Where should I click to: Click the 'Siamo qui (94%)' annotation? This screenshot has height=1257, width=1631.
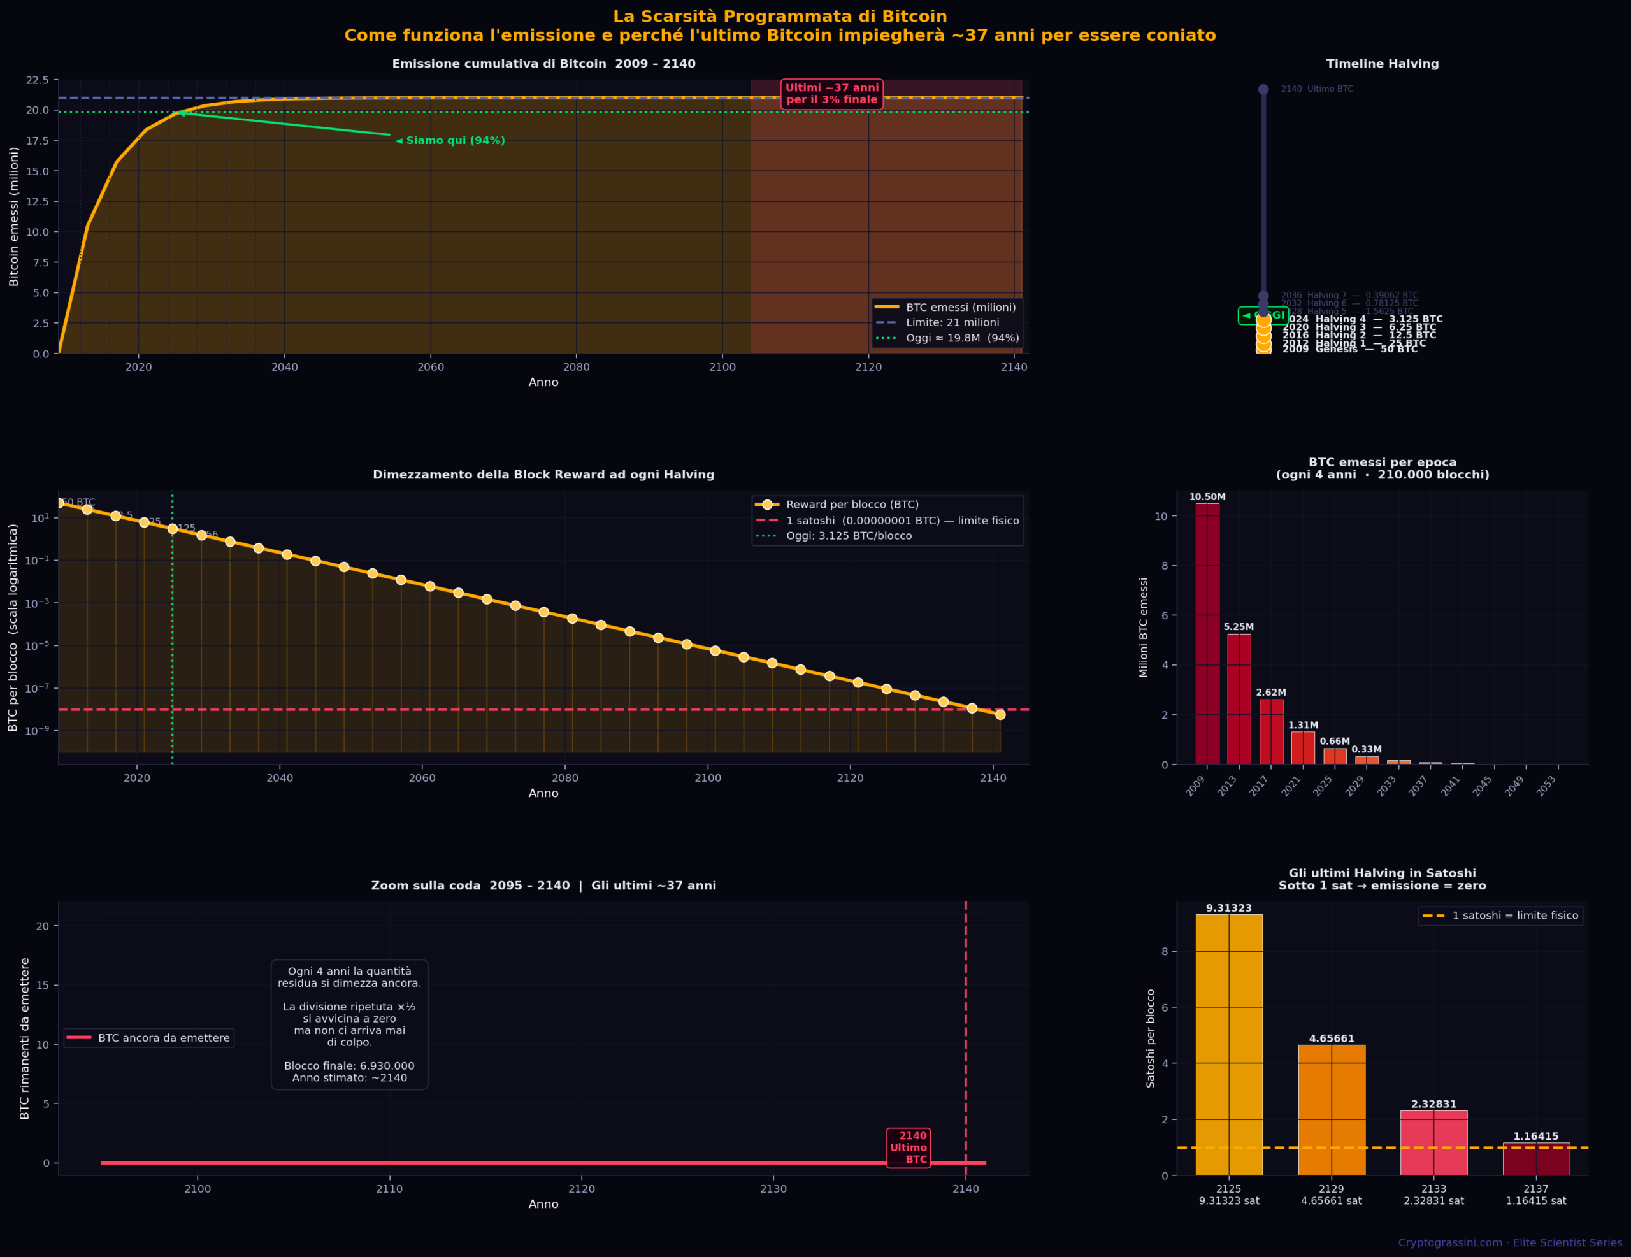[455, 140]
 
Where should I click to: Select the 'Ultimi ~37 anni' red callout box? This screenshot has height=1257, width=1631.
[832, 94]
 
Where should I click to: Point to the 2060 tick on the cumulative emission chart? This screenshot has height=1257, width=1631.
[430, 367]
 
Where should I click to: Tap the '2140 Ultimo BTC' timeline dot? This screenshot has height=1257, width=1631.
[1263, 90]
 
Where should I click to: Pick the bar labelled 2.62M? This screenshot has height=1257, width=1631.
[1271, 732]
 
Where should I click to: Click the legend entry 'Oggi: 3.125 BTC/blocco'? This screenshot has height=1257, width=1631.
[849, 536]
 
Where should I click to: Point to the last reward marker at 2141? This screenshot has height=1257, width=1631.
[1000, 715]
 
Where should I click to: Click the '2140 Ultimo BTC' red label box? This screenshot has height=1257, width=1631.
[908, 1147]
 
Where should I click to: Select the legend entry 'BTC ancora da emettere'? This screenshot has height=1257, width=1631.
[164, 1038]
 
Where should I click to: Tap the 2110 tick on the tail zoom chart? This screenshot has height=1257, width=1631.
[389, 1189]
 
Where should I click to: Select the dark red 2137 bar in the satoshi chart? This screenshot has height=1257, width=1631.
[1535, 1158]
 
